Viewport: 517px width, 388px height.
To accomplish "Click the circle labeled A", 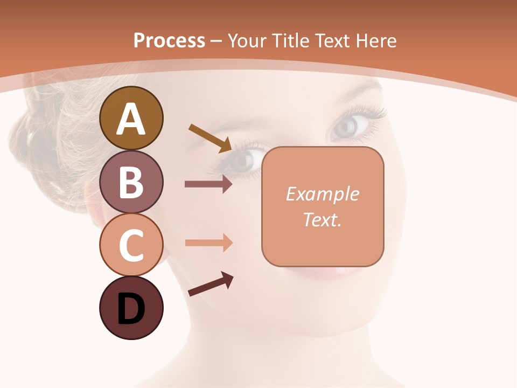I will (131, 118).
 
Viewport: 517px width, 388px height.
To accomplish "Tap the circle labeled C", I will (131, 244).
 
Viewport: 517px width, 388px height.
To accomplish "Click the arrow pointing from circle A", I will (210, 138).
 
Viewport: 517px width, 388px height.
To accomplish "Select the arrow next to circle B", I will (208, 184).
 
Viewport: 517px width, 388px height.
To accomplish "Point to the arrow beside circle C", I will (208, 242).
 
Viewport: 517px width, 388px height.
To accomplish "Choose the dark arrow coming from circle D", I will (211, 285).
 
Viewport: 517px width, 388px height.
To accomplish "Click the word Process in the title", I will (169, 40).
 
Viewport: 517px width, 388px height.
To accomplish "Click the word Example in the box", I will (322, 194).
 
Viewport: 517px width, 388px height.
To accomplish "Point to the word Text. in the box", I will (322, 219).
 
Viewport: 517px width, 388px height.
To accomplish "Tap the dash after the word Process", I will (216, 41).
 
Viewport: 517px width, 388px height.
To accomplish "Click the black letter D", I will (131, 308).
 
